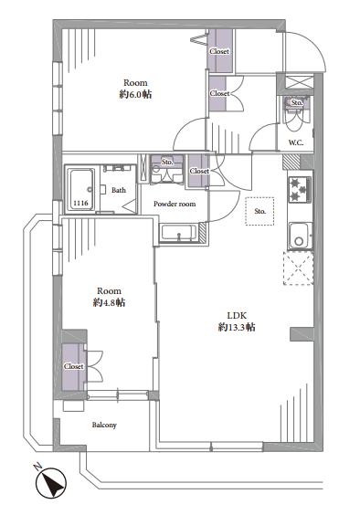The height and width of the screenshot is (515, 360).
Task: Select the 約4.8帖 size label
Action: [110, 301]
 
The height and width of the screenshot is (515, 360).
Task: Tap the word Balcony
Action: [103, 426]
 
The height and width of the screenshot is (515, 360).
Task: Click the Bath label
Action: [119, 191]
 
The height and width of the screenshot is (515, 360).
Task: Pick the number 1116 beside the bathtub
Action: [80, 203]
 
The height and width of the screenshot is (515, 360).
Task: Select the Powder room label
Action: [173, 204]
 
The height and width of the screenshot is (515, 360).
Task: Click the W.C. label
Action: [295, 143]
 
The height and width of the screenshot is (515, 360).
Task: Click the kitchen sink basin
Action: [298, 236]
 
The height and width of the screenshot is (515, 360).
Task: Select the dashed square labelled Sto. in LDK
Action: [259, 212]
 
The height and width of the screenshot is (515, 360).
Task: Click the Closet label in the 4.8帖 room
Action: [74, 366]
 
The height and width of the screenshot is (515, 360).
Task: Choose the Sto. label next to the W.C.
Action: [296, 103]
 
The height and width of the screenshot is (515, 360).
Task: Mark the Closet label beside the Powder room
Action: [199, 171]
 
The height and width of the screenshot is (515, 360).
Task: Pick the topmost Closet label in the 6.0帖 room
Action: [219, 51]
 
